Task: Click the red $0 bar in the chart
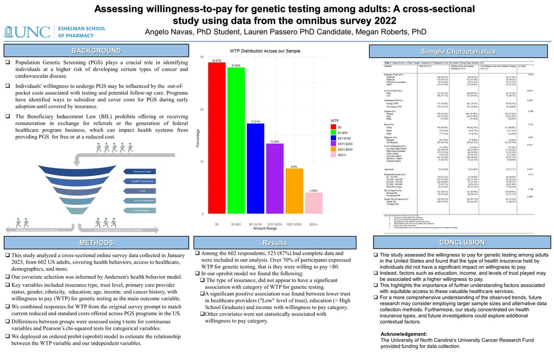point(217,138)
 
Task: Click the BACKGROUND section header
point(96,51)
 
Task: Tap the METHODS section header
point(96,243)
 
